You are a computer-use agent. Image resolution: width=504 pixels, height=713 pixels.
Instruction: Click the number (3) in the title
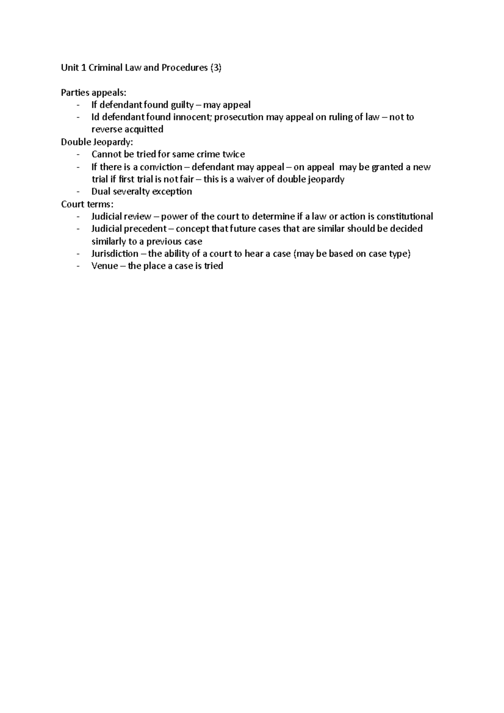tap(215, 68)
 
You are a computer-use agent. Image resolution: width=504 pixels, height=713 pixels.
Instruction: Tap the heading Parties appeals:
tap(93, 92)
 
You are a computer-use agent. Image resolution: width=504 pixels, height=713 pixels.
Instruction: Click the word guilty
tap(182, 105)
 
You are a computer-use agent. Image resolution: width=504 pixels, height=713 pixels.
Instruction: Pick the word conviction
tap(161, 167)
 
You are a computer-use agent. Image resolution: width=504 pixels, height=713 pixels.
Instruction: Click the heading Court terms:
tap(87, 204)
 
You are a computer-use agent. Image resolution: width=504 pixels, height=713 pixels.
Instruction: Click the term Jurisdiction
tap(115, 254)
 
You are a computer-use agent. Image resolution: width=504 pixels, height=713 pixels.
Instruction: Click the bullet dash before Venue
tap(78, 266)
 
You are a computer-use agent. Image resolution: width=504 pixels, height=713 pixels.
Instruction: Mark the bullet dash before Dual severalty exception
tap(78, 192)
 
